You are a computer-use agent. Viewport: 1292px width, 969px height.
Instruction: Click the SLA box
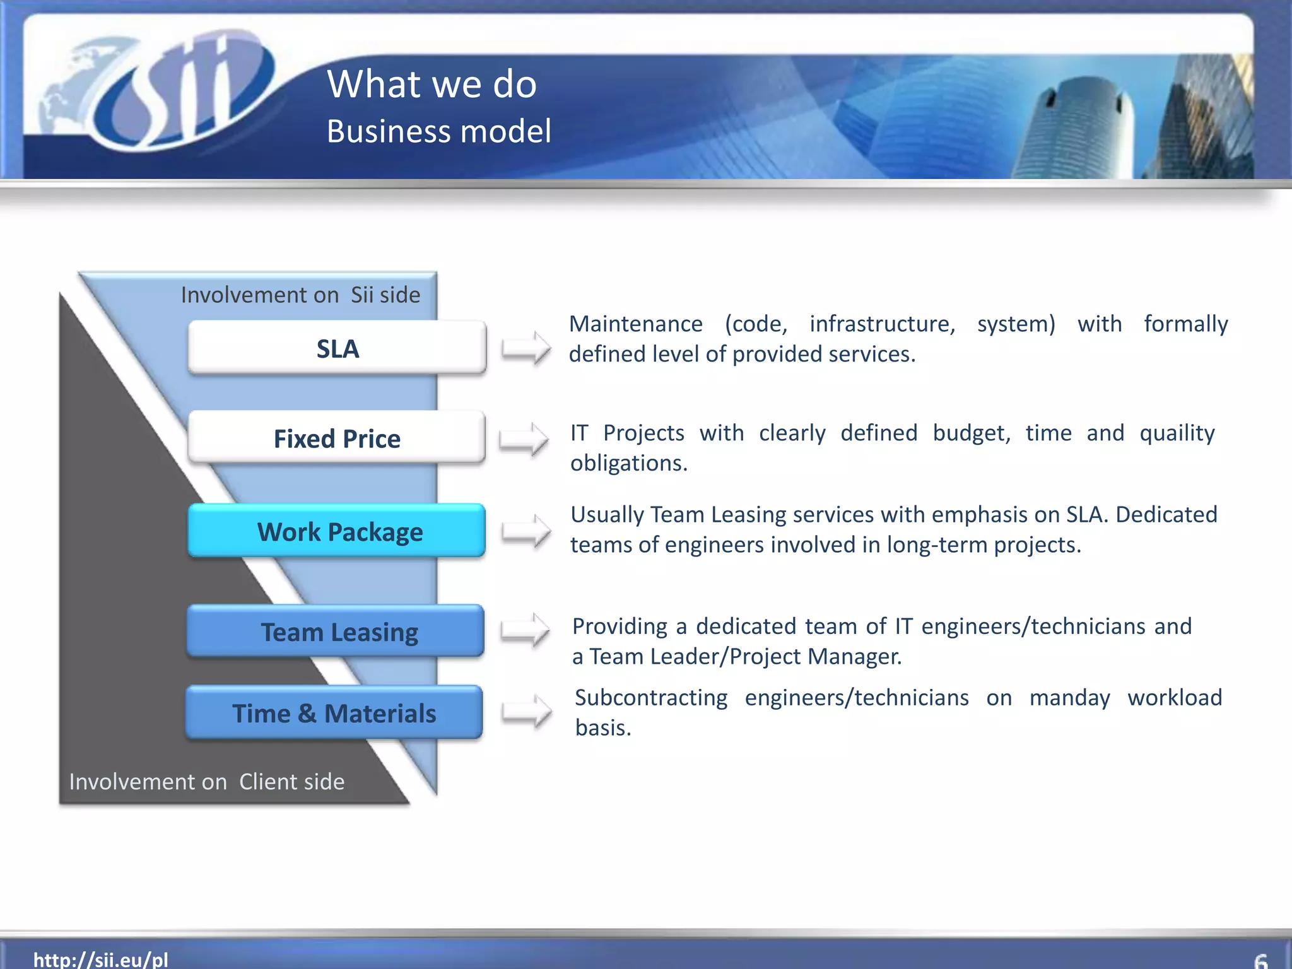click(x=337, y=348)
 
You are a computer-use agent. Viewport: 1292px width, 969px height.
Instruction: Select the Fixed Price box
click(x=337, y=438)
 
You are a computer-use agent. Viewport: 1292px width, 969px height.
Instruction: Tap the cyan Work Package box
click(x=337, y=531)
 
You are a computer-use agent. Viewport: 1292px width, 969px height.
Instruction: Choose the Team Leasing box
click(x=336, y=631)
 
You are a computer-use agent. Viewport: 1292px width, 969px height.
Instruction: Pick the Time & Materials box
click(x=334, y=713)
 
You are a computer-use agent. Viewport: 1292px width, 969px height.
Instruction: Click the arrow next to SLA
click(x=526, y=348)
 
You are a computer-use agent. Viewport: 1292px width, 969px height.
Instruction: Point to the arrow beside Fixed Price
click(x=524, y=438)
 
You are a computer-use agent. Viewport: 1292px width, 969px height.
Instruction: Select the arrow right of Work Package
click(x=526, y=531)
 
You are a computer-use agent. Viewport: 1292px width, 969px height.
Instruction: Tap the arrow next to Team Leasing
click(x=525, y=630)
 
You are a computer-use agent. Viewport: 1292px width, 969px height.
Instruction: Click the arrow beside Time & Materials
click(x=526, y=712)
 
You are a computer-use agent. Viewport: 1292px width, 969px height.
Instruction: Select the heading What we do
click(x=432, y=84)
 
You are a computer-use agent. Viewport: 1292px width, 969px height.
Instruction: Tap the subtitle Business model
click(x=438, y=131)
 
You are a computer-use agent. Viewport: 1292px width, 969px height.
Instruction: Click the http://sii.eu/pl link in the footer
click(x=101, y=959)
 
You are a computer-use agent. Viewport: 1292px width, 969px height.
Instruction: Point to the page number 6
click(x=1260, y=961)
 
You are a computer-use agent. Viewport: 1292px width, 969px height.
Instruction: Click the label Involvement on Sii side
click(x=300, y=295)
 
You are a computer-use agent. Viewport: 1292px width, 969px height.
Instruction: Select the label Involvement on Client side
click(x=207, y=782)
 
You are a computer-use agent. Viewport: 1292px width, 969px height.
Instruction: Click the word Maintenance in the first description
click(x=635, y=324)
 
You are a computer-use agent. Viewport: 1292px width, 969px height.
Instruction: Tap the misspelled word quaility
click(x=1177, y=433)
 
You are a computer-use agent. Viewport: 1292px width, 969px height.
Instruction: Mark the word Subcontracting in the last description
click(x=650, y=698)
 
